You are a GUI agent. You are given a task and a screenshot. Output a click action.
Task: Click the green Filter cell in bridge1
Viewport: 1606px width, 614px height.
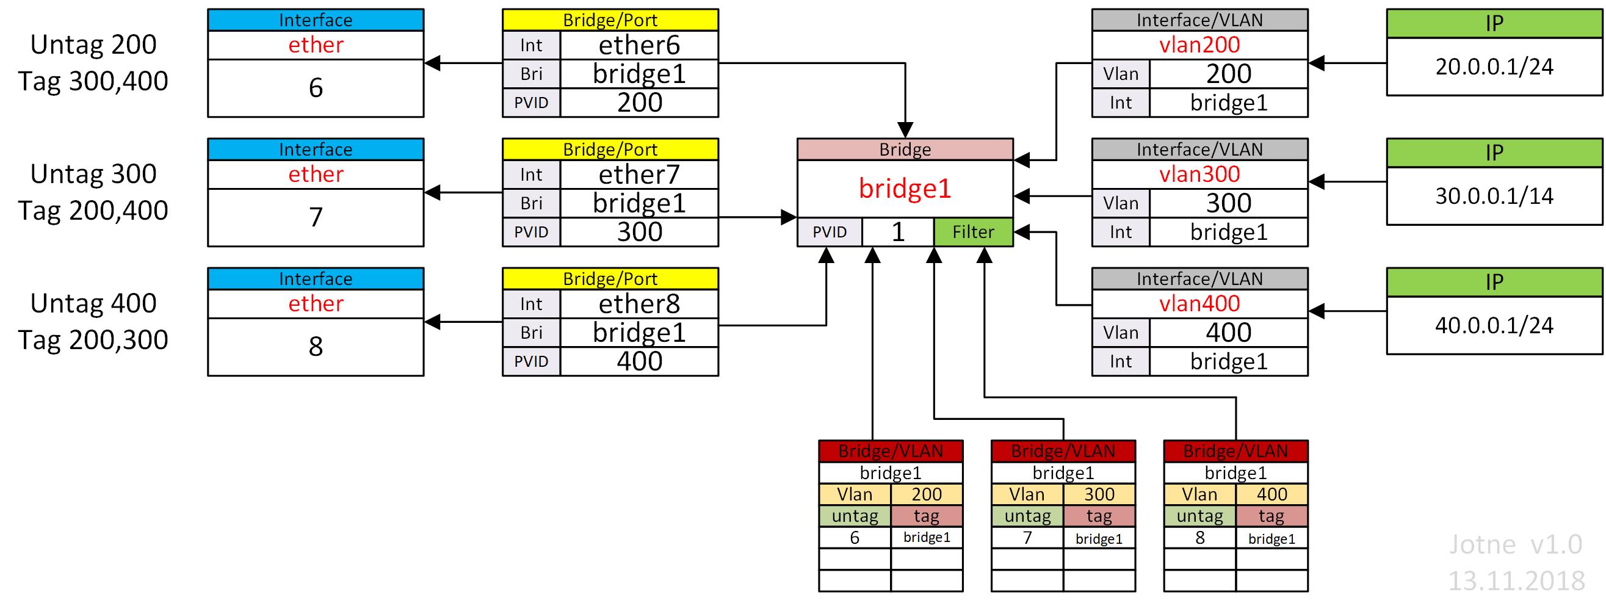(x=972, y=232)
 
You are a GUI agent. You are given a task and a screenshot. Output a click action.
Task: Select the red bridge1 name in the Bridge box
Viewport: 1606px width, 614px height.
(x=905, y=188)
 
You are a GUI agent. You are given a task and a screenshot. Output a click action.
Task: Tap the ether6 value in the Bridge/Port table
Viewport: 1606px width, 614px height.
(x=639, y=45)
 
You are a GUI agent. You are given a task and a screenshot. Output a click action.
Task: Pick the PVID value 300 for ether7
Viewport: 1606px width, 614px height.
(x=639, y=232)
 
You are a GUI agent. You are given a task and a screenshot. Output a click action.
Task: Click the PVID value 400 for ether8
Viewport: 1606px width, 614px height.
(x=639, y=361)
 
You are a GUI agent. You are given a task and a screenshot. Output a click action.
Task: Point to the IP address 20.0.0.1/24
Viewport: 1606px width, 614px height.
(x=1494, y=67)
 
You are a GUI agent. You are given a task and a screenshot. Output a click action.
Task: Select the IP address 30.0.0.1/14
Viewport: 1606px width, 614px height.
(x=1494, y=197)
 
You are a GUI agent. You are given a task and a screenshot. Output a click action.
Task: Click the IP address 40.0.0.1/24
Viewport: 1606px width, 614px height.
(x=1494, y=325)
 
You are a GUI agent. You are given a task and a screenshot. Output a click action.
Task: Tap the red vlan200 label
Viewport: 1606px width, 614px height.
(x=1199, y=45)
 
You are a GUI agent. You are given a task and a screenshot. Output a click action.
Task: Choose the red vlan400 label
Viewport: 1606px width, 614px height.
(x=1199, y=303)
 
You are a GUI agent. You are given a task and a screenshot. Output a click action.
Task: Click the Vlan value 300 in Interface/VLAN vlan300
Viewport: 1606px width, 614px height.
(x=1228, y=203)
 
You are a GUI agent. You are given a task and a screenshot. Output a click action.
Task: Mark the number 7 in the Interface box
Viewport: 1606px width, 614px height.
(x=316, y=217)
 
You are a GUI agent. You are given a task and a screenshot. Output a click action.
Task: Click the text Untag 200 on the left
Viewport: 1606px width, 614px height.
(x=93, y=45)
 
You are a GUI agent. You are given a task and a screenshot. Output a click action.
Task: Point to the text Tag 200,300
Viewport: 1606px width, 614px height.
(x=93, y=340)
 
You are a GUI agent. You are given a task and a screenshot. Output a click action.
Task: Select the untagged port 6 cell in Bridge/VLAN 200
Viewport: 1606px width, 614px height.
(x=854, y=537)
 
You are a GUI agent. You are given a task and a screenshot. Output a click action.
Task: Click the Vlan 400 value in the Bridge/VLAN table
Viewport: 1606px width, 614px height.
(x=1271, y=494)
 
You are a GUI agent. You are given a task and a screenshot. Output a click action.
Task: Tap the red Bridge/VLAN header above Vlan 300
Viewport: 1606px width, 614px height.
(x=1063, y=450)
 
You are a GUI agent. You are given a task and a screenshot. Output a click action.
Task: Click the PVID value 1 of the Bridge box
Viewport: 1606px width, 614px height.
(x=898, y=232)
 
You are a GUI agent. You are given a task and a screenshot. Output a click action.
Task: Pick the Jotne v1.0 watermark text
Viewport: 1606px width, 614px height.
(x=1515, y=545)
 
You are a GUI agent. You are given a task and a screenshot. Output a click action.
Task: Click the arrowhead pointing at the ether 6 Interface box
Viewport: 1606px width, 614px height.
(x=432, y=63)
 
